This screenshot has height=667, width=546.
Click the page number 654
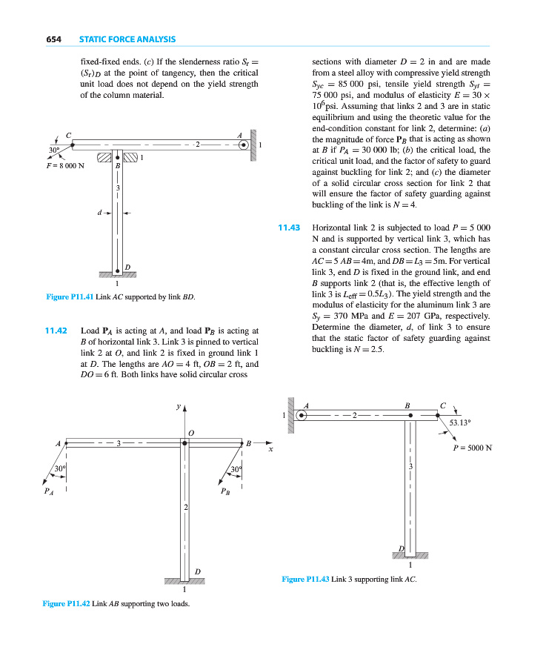pos(53,39)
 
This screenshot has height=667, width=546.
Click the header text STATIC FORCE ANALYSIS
pos(127,39)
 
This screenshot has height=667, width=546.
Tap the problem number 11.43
pos(288,228)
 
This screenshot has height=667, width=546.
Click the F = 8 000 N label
pos(64,165)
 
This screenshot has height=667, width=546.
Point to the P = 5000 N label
pos(473,448)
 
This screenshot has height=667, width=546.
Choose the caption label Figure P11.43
pos(306,579)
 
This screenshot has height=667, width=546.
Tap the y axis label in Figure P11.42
pos(179,406)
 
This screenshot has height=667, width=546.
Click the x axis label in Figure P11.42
pos(271,449)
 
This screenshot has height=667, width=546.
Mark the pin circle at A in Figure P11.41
pos(243,145)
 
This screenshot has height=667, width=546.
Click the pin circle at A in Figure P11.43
pos(302,416)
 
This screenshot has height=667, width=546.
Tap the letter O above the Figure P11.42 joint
pos(190,431)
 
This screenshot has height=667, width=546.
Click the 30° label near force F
pos(53,150)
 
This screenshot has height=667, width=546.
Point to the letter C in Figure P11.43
pos(442,405)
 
